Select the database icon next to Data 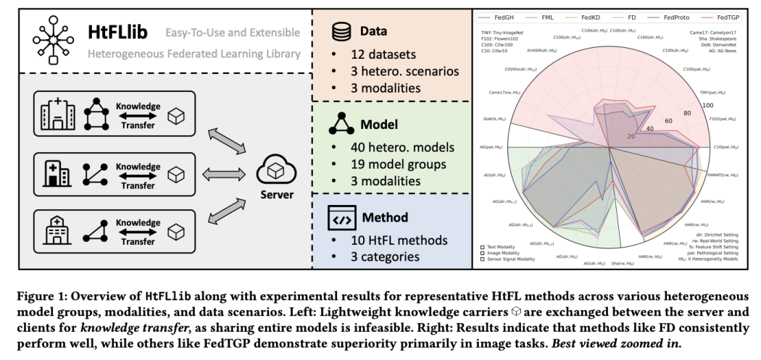tap(340, 32)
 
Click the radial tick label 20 tap(630, 136)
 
